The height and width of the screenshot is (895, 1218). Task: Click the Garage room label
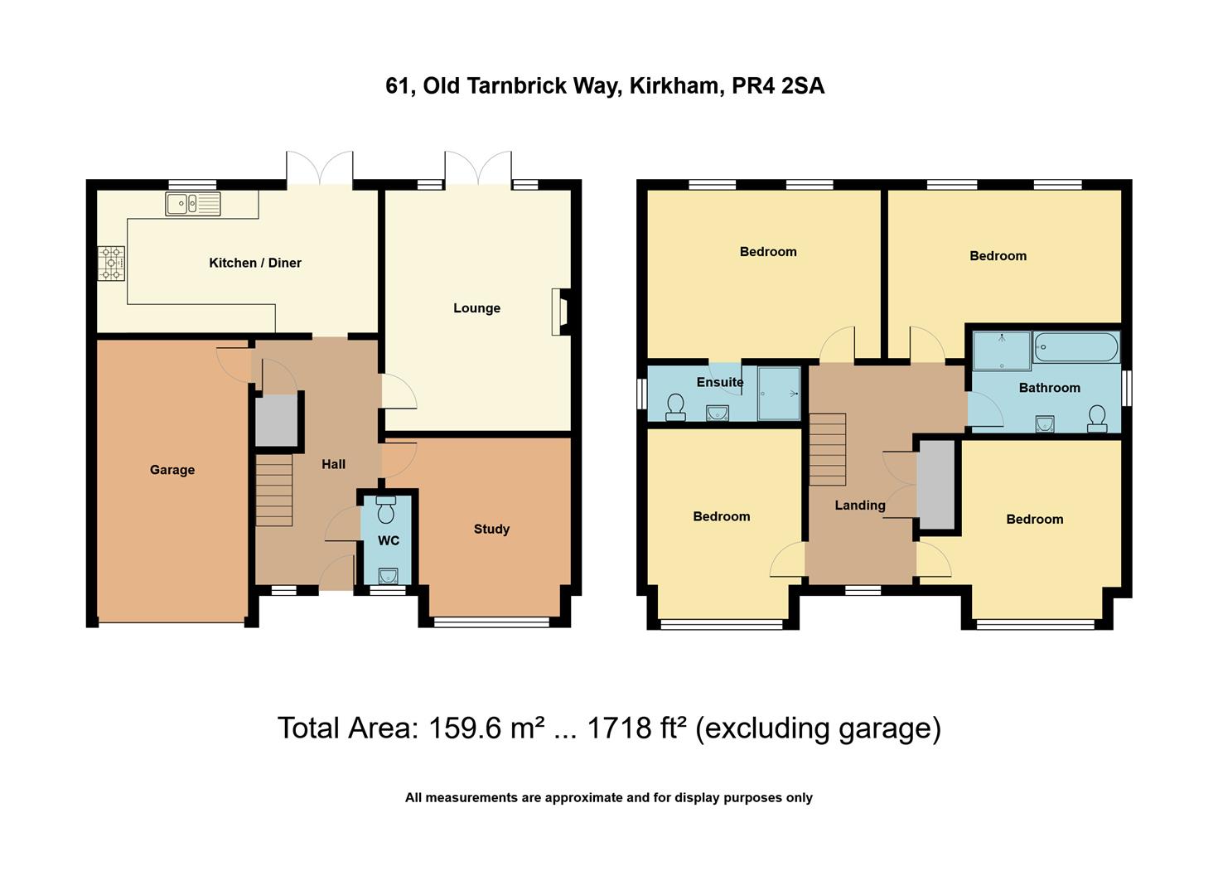click(x=172, y=470)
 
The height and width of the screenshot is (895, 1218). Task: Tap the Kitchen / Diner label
click(x=255, y=263)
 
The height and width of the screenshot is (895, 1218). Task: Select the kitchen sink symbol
click(x=192, y=203)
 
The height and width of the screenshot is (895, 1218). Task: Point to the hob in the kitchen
click(x=111, y=263)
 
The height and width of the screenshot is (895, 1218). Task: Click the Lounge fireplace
click(x=561, y=312)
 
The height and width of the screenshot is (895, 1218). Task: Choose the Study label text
click(x=491, y=529)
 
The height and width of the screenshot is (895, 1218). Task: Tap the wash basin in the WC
click(x=387, y=574)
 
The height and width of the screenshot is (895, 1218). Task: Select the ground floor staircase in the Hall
click(x=273, y=490)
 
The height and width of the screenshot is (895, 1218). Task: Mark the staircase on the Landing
click(x=827, y=449)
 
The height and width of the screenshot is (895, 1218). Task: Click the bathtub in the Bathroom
click(x=1075, y=347)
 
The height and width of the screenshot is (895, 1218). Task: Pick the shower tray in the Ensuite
click(x=779, y=393)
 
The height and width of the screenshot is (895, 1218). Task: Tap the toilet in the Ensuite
click(x=675, y=405)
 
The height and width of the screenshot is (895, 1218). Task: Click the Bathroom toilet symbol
click(x=1098, y=418)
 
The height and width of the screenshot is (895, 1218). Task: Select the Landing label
click(x=860, y=505)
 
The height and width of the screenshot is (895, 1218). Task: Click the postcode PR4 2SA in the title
click(x=778, y=86)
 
